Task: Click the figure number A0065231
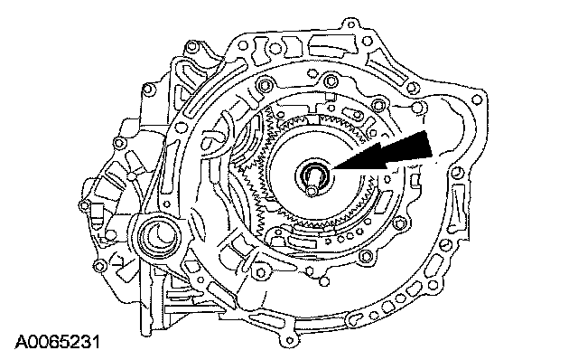pos(57,342)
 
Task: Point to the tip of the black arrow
pos(333,169)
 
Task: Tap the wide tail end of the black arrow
pos(429,145)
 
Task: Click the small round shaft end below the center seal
pos(312,191)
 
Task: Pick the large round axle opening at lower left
pos(159,236)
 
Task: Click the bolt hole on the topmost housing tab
pos(351,25)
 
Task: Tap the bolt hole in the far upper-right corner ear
pos(478,99)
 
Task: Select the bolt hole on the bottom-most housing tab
pos(291,340)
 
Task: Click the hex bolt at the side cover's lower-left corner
pos(98,265)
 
